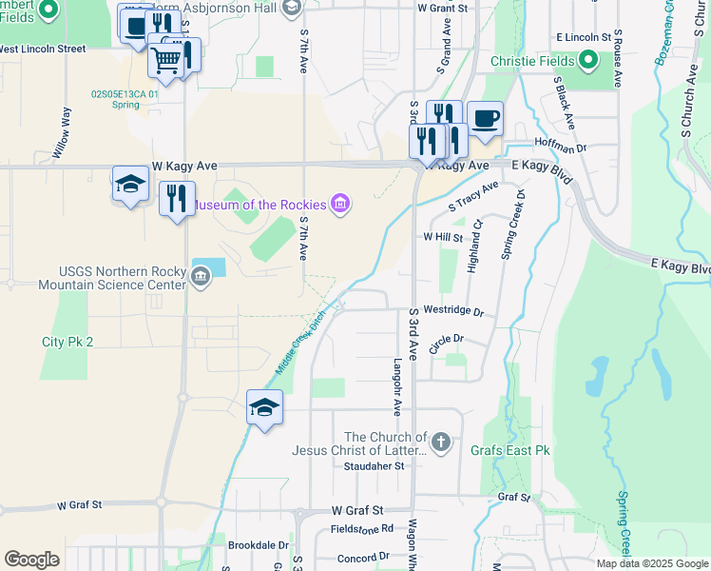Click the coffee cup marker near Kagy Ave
tap(485, 119)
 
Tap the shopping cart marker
tap(166, 59)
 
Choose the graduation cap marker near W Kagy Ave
tap(130, 186)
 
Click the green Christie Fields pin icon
tap(588, 61)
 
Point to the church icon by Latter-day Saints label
tap(440, 442)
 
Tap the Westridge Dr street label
tap(453, 311)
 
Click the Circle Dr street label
tap(445, 343)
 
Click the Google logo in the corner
tap(32, 560)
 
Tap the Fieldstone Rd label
tap(361, 528)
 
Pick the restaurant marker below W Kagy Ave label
tap(177, 199)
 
